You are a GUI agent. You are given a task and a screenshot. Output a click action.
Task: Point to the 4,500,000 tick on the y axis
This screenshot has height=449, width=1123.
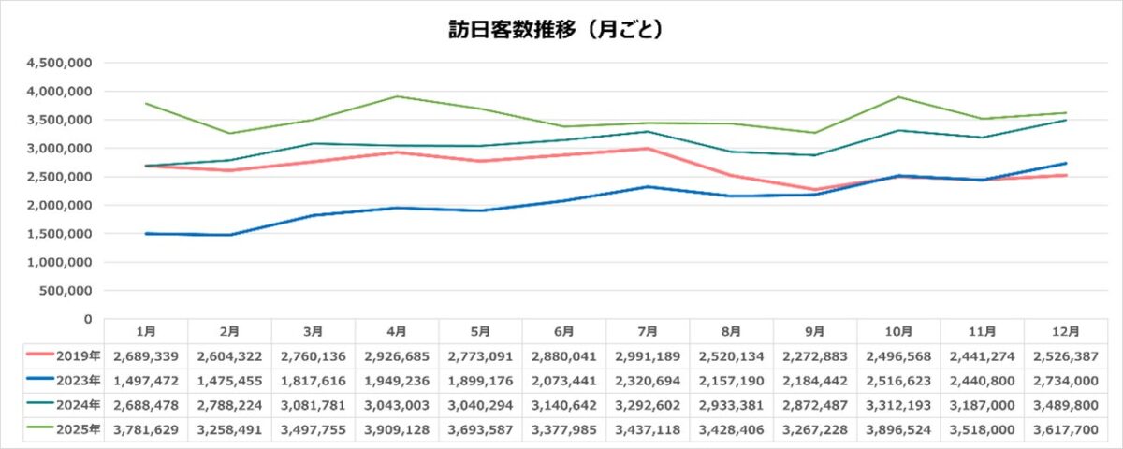[x=59, y=63]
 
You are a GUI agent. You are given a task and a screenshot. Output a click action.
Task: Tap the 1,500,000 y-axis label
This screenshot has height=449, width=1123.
[x=59, y=234]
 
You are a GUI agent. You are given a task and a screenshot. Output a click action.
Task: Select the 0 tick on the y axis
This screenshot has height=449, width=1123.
[x=86, y=319]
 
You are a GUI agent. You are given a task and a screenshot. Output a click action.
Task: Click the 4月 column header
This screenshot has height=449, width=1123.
[x=396, y=331]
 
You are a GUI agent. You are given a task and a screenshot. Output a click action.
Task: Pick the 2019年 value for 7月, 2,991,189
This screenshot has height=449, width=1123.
[x=647, y=355]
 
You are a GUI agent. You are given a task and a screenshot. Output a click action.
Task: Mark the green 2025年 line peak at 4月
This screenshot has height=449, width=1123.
[x=396, y=96]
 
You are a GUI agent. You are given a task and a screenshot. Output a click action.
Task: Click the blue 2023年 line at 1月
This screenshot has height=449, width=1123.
[x=146, y=233]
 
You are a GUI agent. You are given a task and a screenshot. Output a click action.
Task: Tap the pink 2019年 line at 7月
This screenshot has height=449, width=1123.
[x=647, y=149]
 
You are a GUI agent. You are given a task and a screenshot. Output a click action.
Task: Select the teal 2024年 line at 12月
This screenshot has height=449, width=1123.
[x=1065, y=120]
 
